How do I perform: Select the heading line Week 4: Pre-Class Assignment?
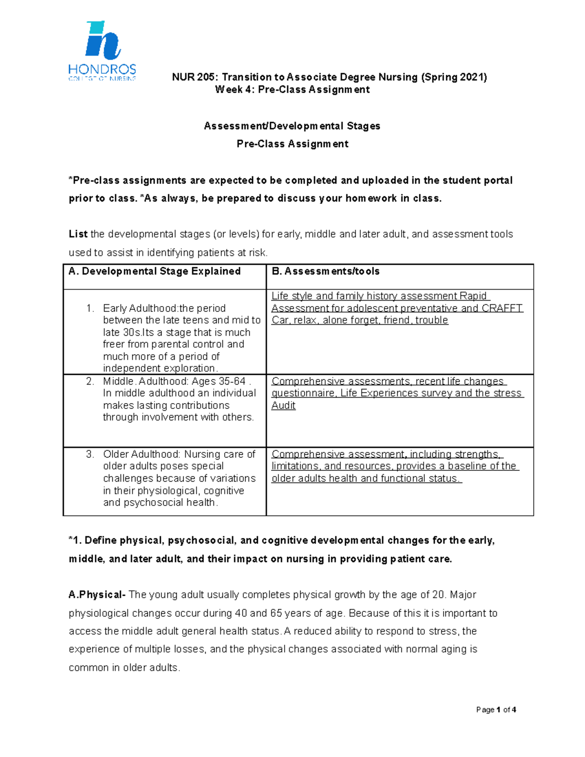(x=292, y=90)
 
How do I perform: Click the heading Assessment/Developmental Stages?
(x=292, y=126)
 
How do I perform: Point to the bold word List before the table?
(x=78, y=234)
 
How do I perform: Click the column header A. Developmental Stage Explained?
(x=155, y=272)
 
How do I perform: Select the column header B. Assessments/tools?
(x=325, y=272)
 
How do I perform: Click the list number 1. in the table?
(x=90, y=309)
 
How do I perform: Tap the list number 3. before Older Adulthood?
(x=90, y=454)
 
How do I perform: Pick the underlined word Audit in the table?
(x=283, y=406)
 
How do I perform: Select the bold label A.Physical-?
(x=97, y=595)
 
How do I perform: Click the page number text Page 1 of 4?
(x=496, y=710)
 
